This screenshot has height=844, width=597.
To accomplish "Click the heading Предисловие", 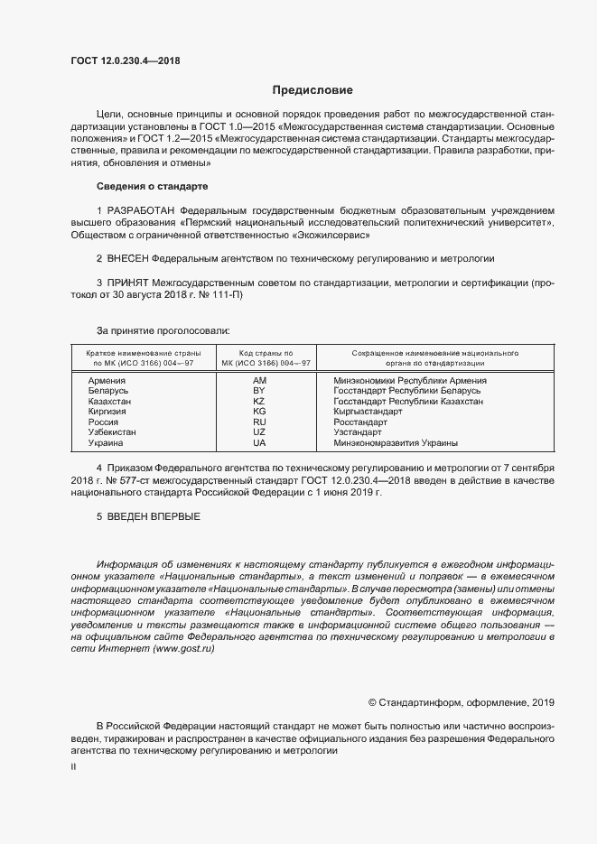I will click(312, 90).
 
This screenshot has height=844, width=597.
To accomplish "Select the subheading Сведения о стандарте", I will click(152, 186).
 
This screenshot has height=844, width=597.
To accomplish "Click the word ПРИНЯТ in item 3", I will click(129, 283).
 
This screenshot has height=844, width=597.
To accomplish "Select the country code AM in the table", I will click(260, 382).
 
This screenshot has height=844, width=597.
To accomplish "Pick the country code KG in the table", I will click(260, 412).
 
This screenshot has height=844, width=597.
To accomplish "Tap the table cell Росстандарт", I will click(359, 422).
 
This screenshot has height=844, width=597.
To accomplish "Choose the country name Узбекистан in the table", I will click(112, 432).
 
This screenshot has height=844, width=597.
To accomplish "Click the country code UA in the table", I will click(260, 442).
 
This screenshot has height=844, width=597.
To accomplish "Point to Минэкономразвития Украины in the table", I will click(395, 442).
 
